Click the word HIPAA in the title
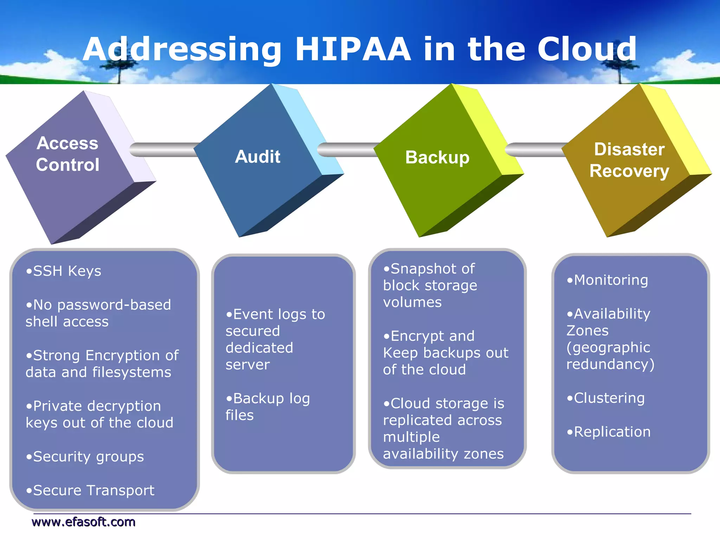pos(353,49)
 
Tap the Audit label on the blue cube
pos(258,156)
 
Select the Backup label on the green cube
pos(437,157)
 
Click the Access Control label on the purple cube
pos(67,154)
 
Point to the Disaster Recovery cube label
pos(629,160)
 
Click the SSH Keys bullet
pos(64,271)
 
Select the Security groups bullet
pos(85,457)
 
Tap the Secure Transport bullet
pos(90,490)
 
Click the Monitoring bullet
pos(607,280)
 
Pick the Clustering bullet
pos(606,398)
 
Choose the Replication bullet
pos(609,432)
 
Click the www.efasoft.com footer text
pos(83,522)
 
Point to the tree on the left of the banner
pos(119,70)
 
